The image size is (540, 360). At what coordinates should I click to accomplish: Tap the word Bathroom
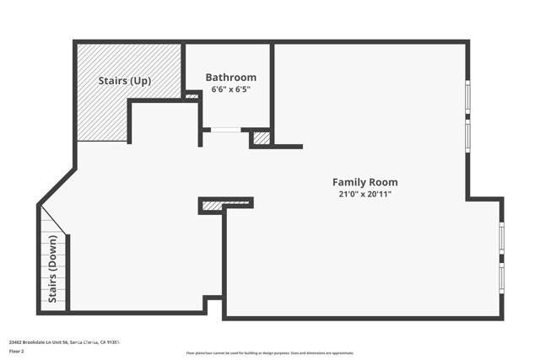[230, 78]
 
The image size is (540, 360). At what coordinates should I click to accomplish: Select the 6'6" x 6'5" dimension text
[230, 89]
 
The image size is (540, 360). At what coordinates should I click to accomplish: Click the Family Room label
[364, 182]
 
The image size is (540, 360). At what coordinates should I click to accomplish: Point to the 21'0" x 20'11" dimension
[364, 194]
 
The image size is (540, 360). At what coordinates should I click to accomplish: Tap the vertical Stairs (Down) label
[52, 270]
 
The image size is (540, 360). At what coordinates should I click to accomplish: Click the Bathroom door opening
[224, 130]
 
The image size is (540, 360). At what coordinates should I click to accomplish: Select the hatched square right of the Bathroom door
[262, 137]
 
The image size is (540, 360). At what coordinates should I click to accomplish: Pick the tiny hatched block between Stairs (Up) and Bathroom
[192, 96]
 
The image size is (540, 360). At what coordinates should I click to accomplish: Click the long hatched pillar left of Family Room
[225, 204]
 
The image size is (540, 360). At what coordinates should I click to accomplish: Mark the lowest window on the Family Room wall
[501, 278]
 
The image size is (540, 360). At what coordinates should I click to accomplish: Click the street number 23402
[16, 342]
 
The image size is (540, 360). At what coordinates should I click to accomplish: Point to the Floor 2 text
[16, 351]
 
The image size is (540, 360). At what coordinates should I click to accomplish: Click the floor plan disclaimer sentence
[269, 353]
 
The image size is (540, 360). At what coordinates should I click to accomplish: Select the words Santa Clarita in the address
[84, 342]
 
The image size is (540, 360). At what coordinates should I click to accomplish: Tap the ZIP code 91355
[114, 342]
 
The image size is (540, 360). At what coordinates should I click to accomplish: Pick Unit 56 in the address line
[61, 342]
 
